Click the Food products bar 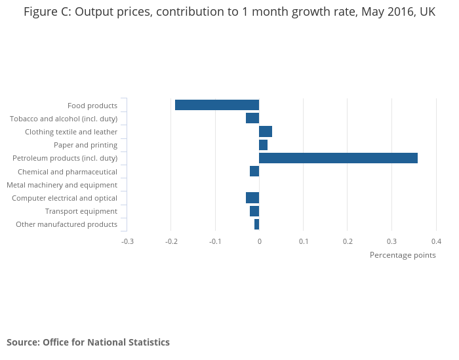217,105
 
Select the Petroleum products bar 338,158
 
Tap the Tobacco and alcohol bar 252,118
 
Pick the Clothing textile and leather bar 266,131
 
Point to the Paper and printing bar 263,145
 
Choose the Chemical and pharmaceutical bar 254,171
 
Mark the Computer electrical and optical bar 252,198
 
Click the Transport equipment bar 254,211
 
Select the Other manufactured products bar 256,224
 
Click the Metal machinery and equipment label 62,185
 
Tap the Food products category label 92,106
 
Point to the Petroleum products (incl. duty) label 65,158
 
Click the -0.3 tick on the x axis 127,241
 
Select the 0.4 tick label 436,241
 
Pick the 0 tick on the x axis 259,241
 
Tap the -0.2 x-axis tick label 171,241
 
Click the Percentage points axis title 403,255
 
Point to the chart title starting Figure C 229,12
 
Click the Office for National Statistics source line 88,342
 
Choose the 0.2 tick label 348,241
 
